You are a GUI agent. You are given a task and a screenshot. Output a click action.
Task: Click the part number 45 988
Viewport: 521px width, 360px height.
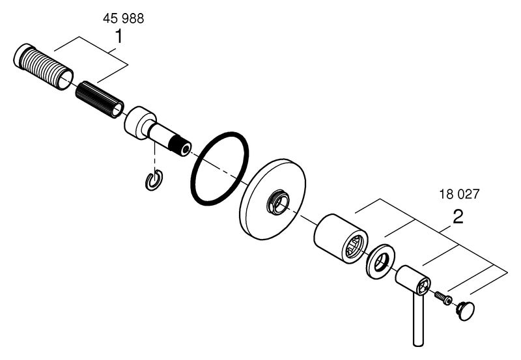tap(123, 18)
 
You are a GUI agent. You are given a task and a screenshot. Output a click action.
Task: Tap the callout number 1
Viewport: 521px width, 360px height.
tap(119, 36)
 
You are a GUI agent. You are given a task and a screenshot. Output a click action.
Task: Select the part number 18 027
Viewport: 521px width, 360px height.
tap(460, 194)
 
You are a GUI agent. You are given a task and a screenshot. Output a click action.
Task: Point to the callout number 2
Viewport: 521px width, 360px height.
tap(458, 217)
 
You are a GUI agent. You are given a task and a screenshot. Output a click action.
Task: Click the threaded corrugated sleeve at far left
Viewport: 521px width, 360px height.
tap(43, 66)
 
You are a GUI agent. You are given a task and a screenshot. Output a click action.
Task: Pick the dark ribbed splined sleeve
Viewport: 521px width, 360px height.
tap(100, 100)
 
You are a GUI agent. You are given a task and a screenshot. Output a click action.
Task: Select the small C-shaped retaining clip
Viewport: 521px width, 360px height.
tap(154, 180)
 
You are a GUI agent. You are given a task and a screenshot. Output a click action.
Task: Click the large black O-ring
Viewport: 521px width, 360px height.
tap(219, 168)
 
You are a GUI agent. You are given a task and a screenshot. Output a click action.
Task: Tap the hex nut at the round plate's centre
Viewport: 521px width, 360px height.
tap(277, 202)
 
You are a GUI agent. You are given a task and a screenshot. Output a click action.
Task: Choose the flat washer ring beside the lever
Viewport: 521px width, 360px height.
tap(381, 262)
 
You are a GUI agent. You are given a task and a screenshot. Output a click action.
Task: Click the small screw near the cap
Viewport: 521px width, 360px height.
tap(444, 298)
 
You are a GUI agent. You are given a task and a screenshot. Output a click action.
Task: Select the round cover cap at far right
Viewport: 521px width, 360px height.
tap(465, 311)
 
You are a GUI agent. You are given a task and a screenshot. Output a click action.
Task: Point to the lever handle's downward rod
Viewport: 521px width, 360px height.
tap(418, 319)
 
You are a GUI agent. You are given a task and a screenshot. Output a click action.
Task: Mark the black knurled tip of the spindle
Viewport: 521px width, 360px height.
tap(180, 146)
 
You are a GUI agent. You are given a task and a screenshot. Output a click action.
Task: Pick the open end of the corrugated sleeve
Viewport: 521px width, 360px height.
tap(65, 79)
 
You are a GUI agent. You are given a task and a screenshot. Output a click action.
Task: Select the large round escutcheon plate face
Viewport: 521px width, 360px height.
tap(272, 199)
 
